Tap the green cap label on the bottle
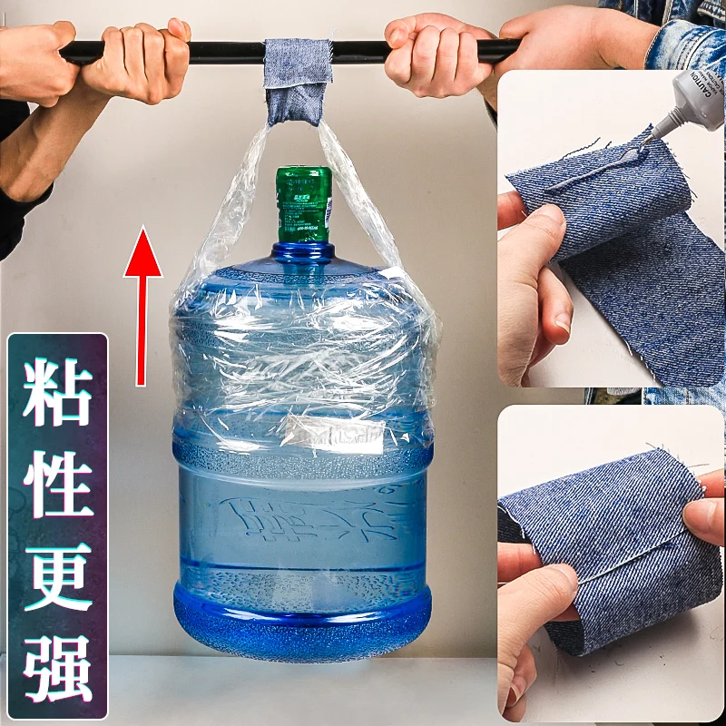303,204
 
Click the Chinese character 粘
57,393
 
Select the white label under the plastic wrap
331,434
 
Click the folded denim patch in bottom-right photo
617,544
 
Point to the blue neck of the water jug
302,253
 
